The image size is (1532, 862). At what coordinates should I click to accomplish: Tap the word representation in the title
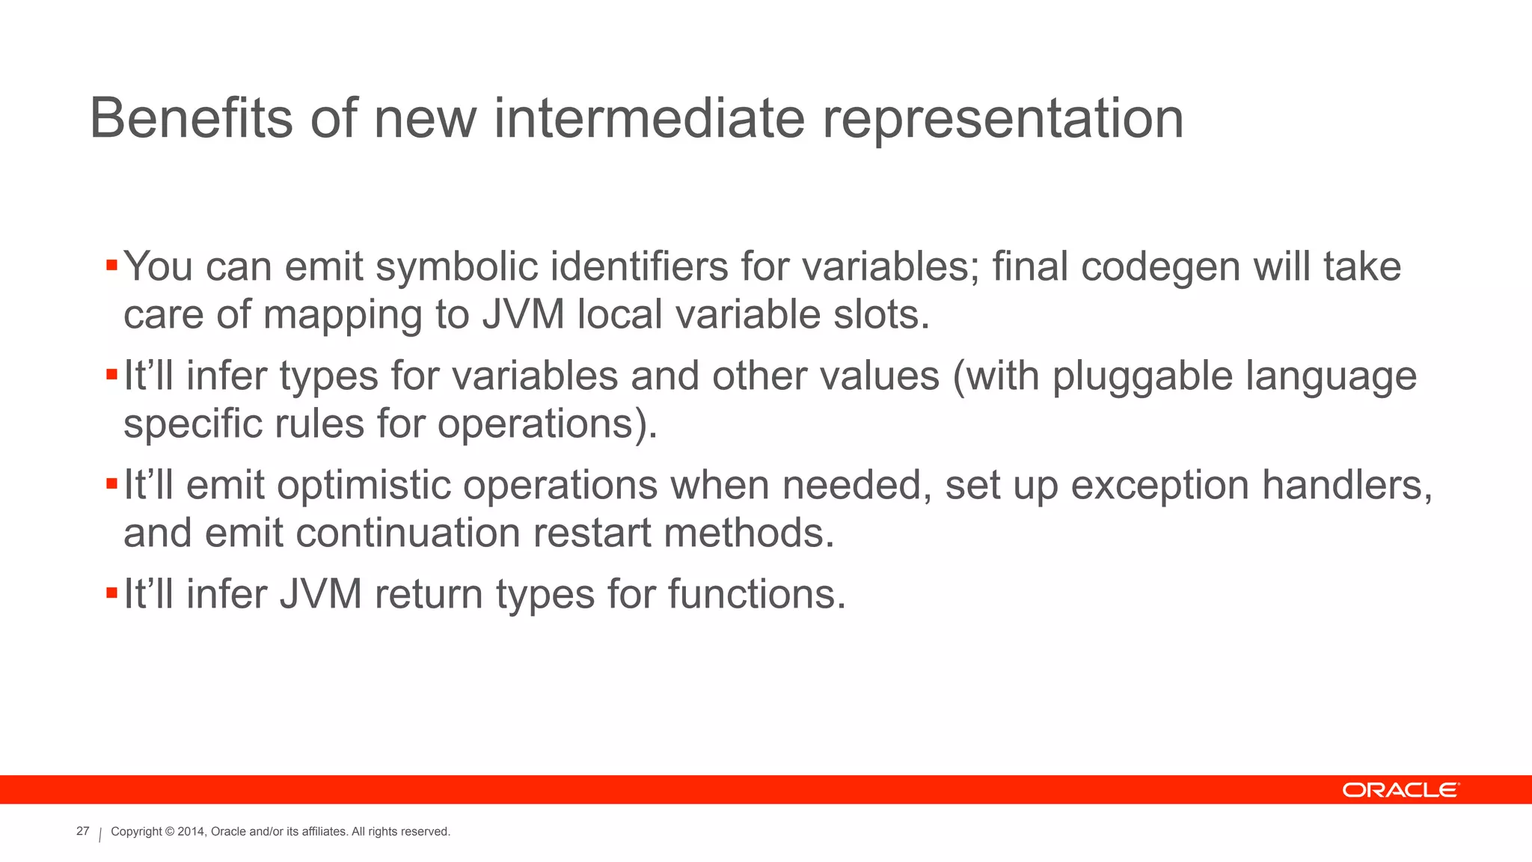pos(1002,120)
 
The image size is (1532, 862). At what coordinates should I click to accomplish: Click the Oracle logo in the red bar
pos(1400,790)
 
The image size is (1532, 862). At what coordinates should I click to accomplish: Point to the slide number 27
pos(83,831)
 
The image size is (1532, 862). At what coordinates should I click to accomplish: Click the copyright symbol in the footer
pos(170,832)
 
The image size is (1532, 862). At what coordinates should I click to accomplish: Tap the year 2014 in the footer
pos(191,832)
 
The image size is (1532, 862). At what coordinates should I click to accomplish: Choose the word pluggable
pos(1142,377)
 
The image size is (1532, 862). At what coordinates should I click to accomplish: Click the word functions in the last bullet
pos(756,595)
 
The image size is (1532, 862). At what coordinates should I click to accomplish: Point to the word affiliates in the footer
pos(324,832)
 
